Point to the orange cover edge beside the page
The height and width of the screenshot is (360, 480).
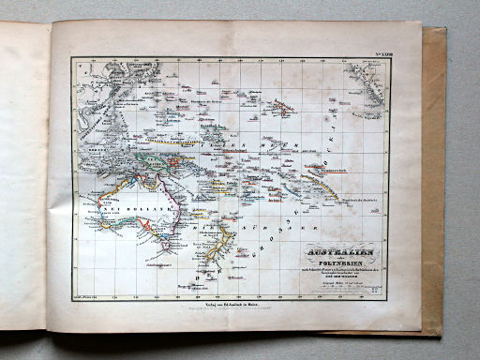[431, 187]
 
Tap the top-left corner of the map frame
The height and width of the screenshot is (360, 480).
[72, 56]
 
